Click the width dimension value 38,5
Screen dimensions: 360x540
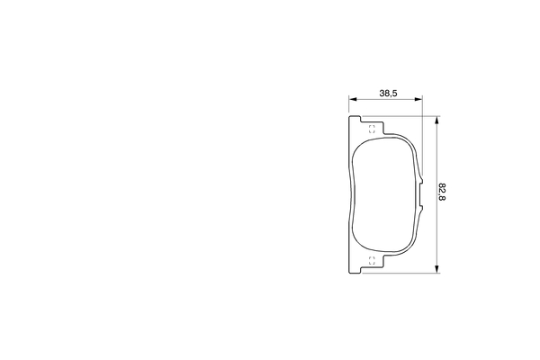click(389, 94)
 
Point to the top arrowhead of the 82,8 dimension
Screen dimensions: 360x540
click(436, 120)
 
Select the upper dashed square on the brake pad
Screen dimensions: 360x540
click(372, 127)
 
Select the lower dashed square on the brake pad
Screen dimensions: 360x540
click(372, 260)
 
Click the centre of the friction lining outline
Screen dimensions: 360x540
click(385, 193)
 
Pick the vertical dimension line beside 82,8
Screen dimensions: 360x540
click(436, 225)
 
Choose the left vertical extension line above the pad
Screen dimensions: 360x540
click(348, 106)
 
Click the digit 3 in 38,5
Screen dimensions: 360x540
click(382, 94)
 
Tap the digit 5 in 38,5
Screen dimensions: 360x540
click(396, 94)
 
